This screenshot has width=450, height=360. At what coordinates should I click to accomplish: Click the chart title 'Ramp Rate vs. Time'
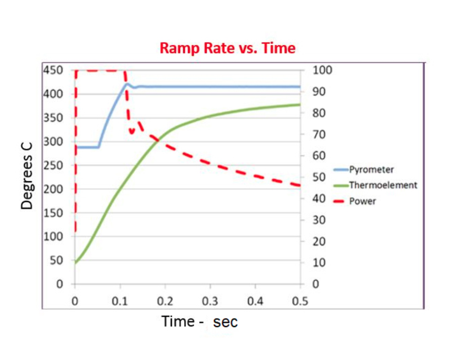pyautogui.click(x=228, y=49)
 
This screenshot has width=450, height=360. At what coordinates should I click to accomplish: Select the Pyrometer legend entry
pyautogui.click(x=371, y=169)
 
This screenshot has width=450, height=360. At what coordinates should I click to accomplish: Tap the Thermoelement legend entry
pyautogui.click(x=382, y=185)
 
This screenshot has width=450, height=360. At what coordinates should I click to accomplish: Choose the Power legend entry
pyautogui.click(x=362, y=201)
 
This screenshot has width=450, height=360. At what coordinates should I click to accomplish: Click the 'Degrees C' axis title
pyautogui.click(x=27, y=176)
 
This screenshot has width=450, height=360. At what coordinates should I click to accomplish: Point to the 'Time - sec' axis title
pyautogui.click(x=199, y=321)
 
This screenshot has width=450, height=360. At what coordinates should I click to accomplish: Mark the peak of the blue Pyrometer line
pyautogui.click(x=127, y=84)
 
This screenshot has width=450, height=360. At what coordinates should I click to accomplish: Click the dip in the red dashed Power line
pyautogui.click(x=132, y=132)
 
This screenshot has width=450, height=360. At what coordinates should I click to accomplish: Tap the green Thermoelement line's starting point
pyautogui.click(x=76, y=262)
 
